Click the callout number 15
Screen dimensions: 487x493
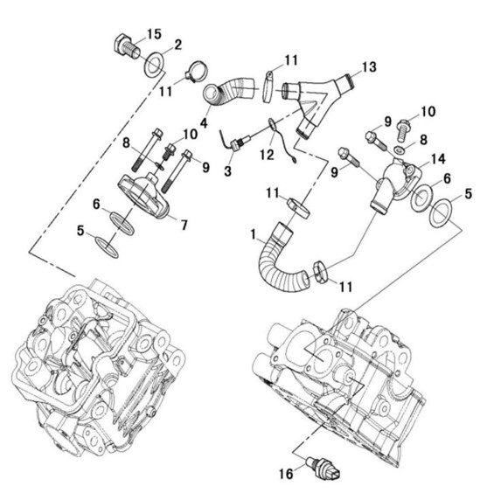[x=154, y=34]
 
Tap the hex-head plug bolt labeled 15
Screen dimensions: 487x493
[x=126, y=48]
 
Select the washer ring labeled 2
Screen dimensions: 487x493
[x=154, y=65]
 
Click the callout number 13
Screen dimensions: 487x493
[x=369, y=67]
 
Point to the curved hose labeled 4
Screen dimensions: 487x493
[x=229, y=91]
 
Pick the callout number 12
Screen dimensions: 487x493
[x=267, y=155]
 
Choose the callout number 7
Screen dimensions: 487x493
[x=184, y=225]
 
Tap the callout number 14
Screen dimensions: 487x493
[x=438, y=159]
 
